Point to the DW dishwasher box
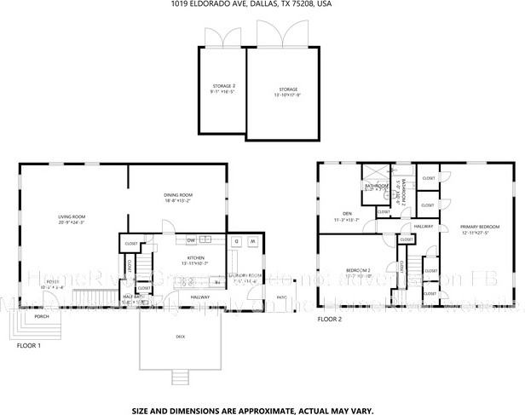pos(192,239)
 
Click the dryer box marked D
pos(236,241)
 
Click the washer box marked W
pos(253,241)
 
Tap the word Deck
pos(181,337)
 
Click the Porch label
pos(41,317)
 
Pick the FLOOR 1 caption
pos(28,346)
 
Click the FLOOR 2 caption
pos(329,320)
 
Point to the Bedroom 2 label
pos(357,272)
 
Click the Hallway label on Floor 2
pos(424,227)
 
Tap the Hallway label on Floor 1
pos(200,297)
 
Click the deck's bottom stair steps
pos(180,378)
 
